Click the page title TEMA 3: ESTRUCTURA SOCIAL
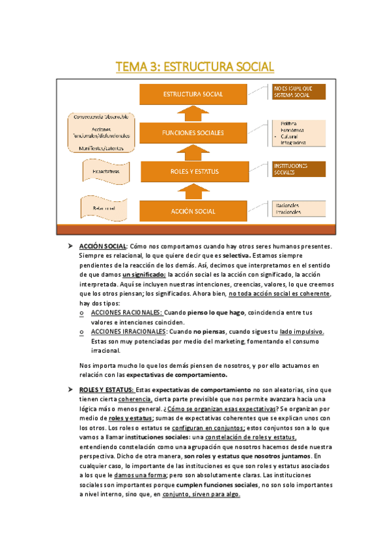[195, 67]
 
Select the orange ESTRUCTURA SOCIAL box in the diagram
[193, 94]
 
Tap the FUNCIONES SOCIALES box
[193, 133]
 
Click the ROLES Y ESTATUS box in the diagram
[193, 172]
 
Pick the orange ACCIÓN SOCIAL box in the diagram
[193, 211]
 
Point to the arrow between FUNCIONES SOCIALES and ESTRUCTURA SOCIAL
[193, 114]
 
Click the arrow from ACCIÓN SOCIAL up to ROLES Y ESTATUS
[193, 191]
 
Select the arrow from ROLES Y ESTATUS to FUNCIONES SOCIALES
[193, 152]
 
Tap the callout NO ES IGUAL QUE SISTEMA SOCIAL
[299, 91]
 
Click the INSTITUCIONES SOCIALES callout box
[299, 169]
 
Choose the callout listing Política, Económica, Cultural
[299, 132]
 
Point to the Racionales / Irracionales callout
[299, 208]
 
